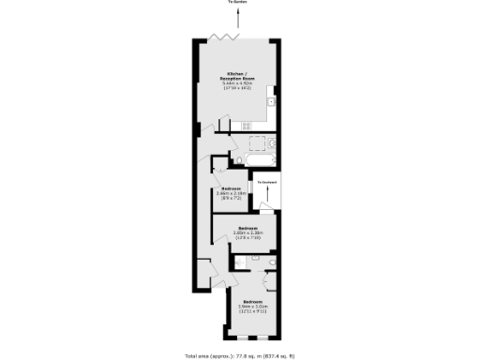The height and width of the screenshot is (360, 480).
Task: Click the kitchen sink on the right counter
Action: tap(268, 100)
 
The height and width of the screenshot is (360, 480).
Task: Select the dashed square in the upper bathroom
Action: tap(255, 143)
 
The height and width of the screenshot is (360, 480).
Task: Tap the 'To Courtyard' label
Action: tap(268, 182)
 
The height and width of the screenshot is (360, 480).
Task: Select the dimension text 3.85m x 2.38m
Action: tap(247, 233)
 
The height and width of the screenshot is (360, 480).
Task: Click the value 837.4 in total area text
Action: tap(272, 355)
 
